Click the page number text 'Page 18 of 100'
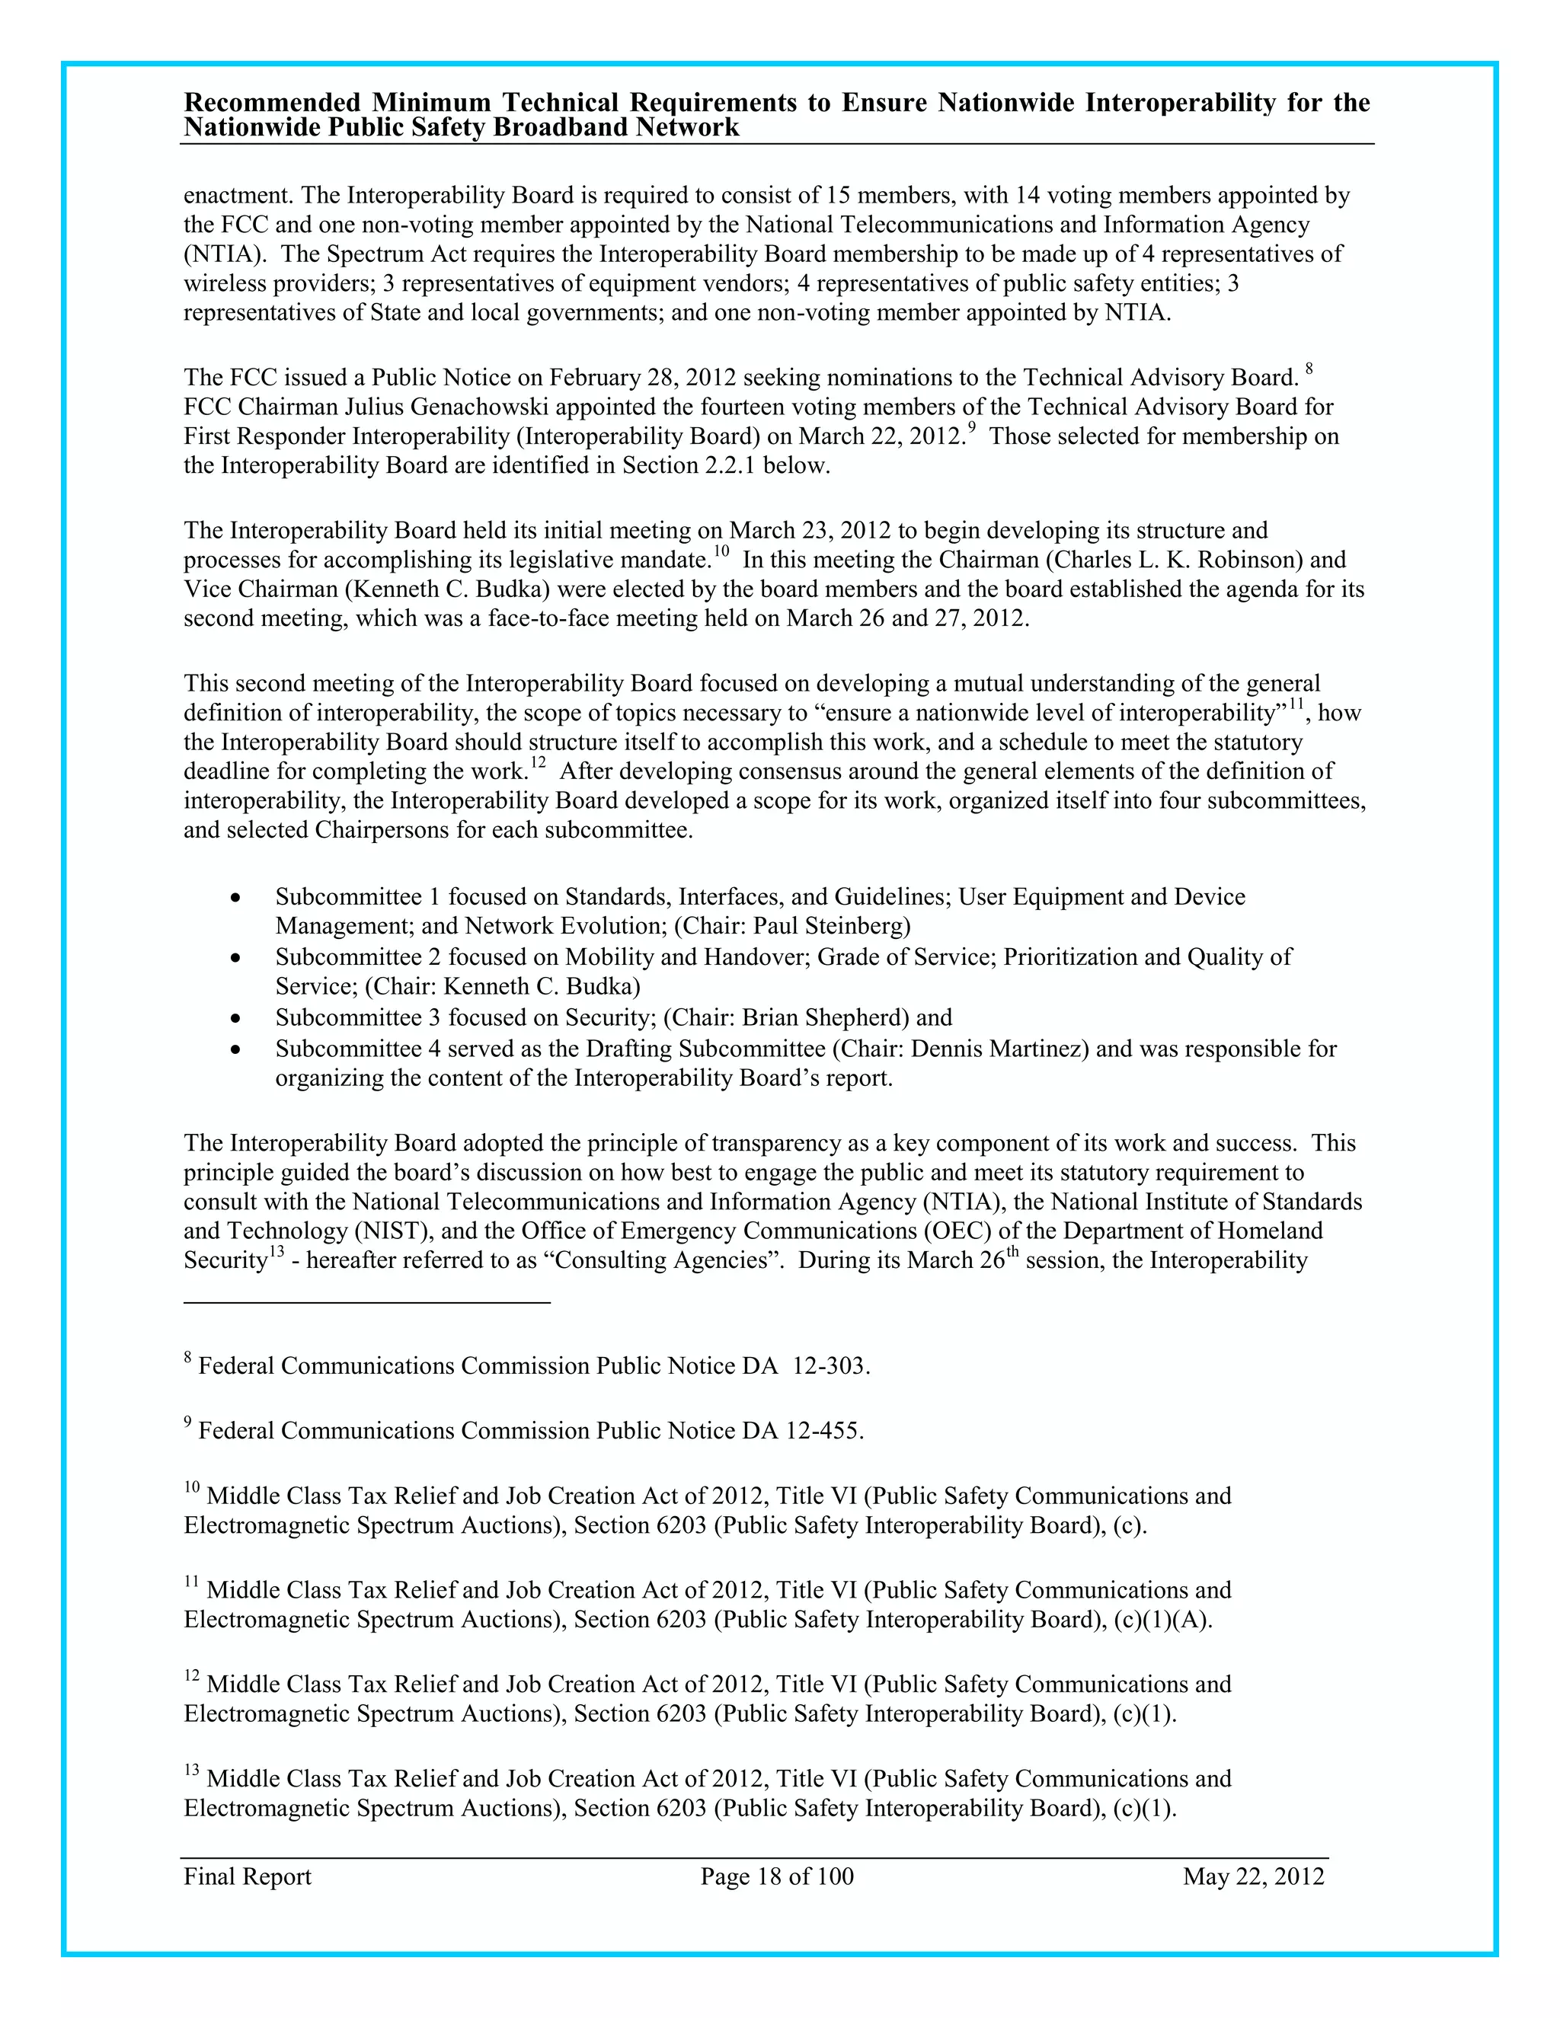click(x=776, y=1876)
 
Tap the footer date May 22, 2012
click(x=1253, y=1876)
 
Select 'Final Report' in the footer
click(x=248, y=1876)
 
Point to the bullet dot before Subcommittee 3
click(x=238, y=1019)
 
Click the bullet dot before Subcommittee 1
click(x=238, y=898)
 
